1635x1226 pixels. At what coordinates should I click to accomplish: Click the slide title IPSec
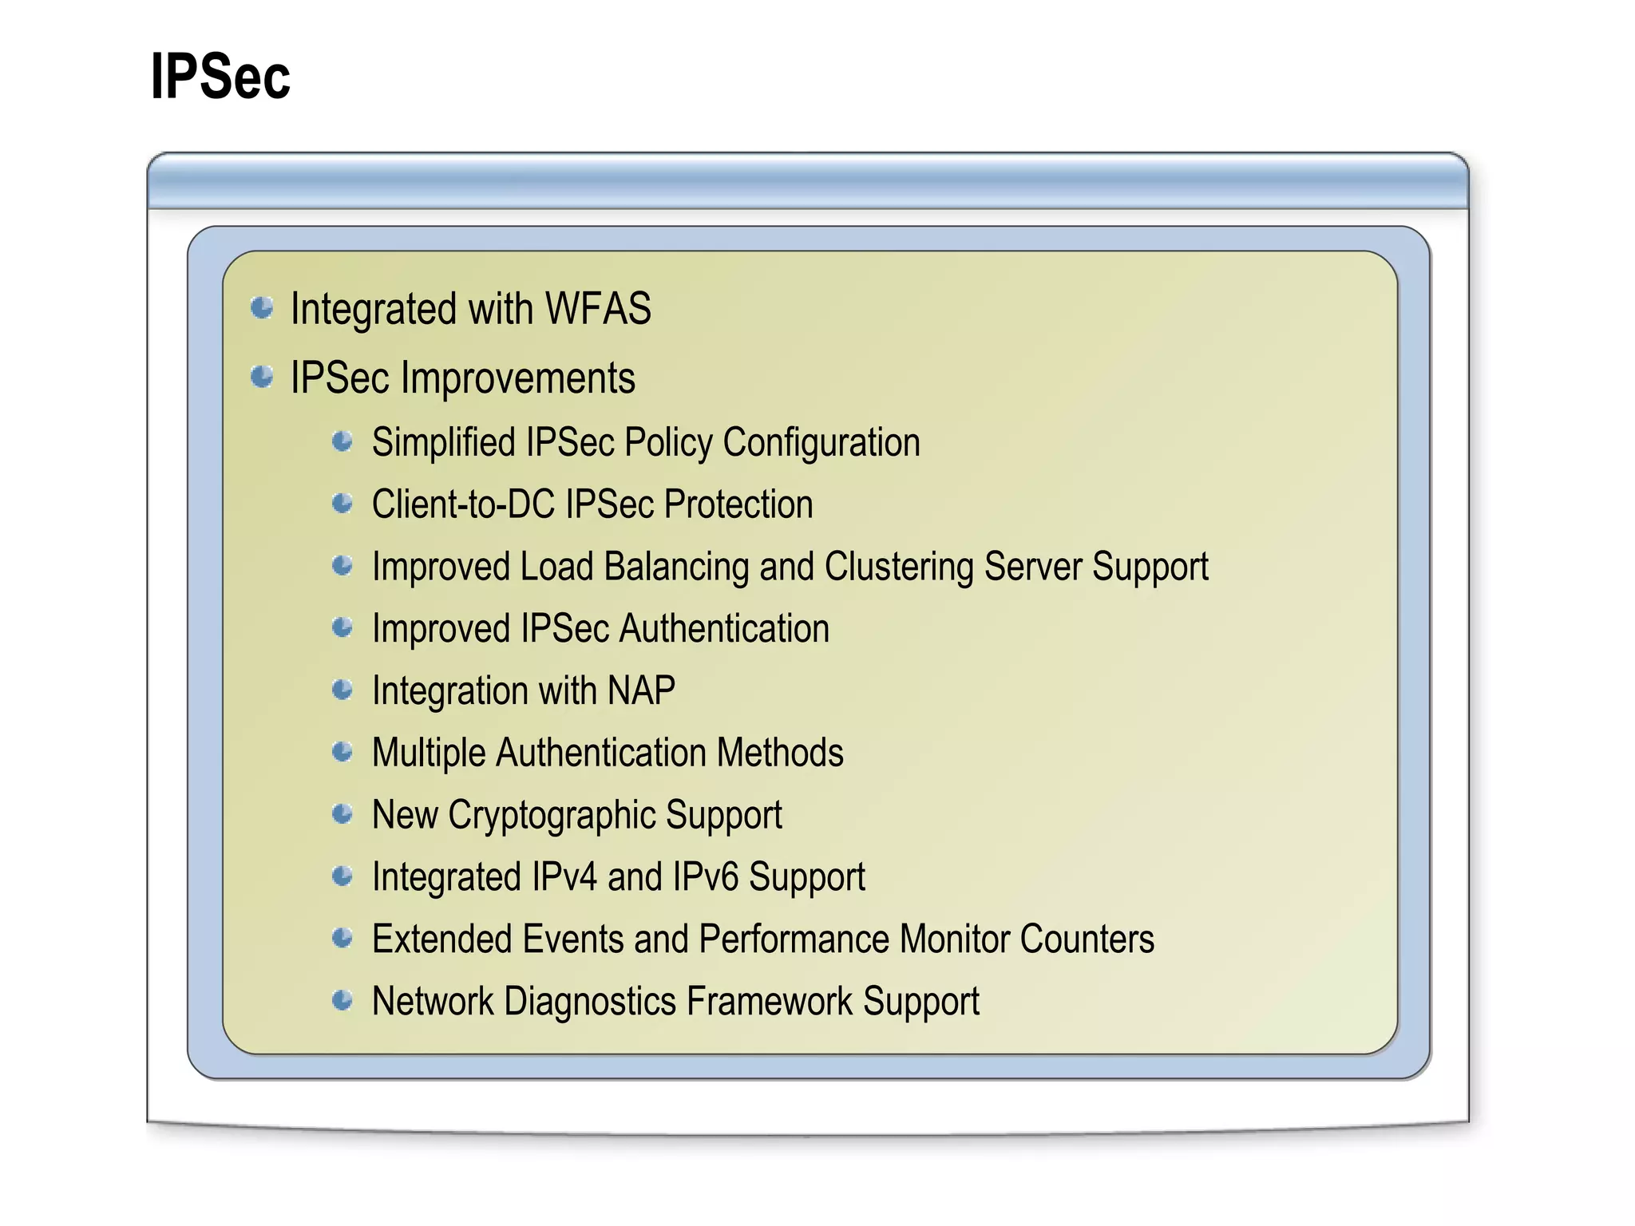coord(220,77)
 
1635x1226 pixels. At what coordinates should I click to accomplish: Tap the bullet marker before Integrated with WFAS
coord(262,307)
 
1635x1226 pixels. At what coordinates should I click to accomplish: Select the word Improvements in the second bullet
coord(518,378)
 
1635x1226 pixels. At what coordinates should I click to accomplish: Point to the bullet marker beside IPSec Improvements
coord(262,376)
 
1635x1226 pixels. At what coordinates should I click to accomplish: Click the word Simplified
coord(443,442)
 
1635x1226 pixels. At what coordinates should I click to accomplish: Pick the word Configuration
coord(821,442)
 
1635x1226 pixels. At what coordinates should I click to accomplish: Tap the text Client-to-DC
coord(463,504)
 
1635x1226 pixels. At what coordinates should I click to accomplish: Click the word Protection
coord(738,504)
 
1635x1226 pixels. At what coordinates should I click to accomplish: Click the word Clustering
coord(899,567)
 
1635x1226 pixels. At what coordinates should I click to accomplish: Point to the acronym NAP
coord(641,690)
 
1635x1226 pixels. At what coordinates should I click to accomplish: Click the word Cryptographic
coord(552,815)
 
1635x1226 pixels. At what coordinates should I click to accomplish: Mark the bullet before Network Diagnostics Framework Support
coord(342,1000)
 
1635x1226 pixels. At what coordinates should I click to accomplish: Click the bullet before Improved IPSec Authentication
coord(342,628)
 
